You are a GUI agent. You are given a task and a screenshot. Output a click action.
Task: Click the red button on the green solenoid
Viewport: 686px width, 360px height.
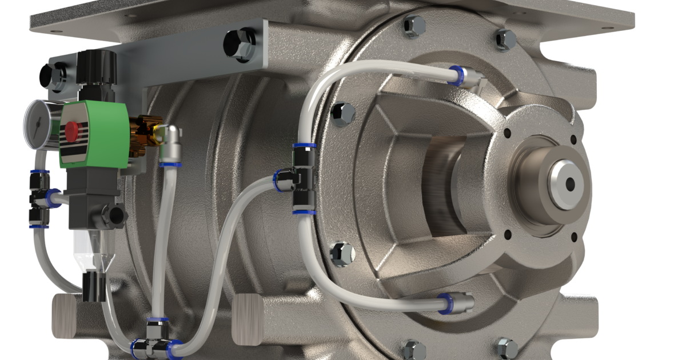(71, 131)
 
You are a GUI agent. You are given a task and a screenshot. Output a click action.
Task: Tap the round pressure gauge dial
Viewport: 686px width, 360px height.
(36, 122)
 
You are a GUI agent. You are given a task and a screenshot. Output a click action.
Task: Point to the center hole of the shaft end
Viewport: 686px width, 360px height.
(569, 183)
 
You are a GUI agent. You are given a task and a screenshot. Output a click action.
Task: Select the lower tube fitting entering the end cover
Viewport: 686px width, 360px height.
(457, 302)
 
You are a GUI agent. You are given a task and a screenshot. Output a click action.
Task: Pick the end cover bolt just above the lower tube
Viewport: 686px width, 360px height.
(342, 251)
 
